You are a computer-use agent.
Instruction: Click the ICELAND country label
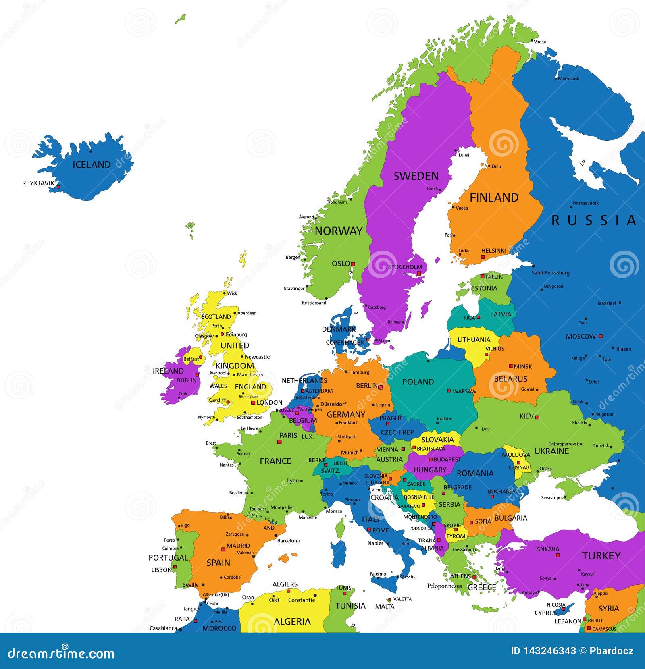tap(92, 164)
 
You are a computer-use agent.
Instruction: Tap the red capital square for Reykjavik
tap(58, 187)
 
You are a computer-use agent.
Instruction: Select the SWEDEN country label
tap(416, 176)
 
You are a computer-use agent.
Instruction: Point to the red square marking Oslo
tap(353, 264)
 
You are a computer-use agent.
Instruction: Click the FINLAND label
tap(494, 197)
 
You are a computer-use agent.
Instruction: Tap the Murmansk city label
tap(568, 79)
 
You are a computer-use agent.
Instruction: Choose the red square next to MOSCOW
tap(600, 336)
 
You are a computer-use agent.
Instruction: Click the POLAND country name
tap(418, 382)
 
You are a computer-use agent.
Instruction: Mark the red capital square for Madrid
tap(223, 549)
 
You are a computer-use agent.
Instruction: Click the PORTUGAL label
tap(168, 558)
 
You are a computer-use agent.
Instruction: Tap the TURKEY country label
tap(601, 556)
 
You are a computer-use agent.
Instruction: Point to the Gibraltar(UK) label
tap(216, 595)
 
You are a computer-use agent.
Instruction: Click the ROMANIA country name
tap(475, 473)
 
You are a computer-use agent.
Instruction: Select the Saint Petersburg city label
tap(550, 273)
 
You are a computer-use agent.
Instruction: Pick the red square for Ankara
tap(558, 555)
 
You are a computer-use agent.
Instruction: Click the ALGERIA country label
tap(292, 621)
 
